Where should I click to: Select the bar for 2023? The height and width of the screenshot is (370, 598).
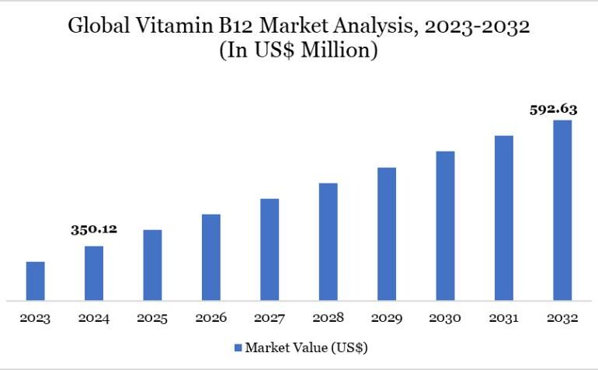(36, 281)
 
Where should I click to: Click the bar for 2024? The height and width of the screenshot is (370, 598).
(94, 273)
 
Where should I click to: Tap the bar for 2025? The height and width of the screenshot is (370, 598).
(152, 264)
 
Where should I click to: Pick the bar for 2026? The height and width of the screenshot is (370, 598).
(211, 257)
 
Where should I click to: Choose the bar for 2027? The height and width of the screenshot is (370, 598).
(269, 249)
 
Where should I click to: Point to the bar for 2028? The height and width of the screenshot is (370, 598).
(328, 241)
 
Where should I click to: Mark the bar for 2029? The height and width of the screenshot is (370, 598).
(387, 233)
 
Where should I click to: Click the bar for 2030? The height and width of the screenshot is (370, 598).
(445, 225)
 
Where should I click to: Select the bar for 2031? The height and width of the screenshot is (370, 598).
(504, 218)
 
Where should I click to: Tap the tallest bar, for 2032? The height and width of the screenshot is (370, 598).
(562, 210)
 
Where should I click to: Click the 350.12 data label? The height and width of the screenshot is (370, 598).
(93, 229)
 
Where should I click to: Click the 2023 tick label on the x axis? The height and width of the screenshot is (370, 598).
(36, 318)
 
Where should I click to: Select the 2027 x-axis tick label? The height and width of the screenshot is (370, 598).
(269, 318)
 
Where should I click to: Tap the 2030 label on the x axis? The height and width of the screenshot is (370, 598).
(445, 318)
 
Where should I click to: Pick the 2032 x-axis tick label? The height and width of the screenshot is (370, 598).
(562, 318)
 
